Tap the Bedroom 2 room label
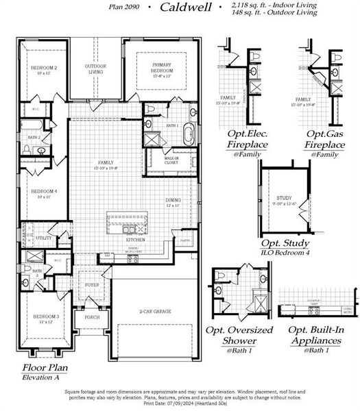[43, 70]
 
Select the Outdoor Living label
[95, 68]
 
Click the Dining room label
[173, 203]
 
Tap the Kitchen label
[134, 240]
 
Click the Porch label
[92, 317]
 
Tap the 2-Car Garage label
[155, 311]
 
